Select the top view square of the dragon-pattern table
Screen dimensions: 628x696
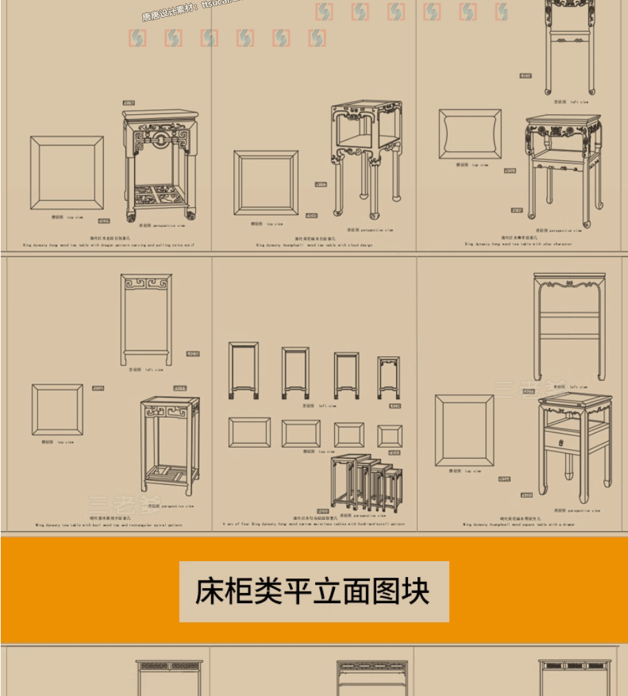pyautogui.click(x=67, y=172)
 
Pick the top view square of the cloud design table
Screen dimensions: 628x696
pyautogui.click(x=266, y=183)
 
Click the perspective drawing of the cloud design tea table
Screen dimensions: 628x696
pyautogui.click(x=365, y=158)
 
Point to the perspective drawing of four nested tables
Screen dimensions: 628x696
pyautogui.click(x=366, y=482)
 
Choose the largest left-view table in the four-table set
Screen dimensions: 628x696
pyautogui.click(x=243, y=370)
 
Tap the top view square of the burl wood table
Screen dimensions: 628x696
pyautogui.click(x=57, y=410)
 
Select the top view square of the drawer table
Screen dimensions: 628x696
pyautogui.click(x=464, y=431)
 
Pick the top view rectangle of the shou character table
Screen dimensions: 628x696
pyautogui.click(x=470, y=134)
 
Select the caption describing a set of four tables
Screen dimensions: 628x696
pyautogui.click(x=313, y=524)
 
